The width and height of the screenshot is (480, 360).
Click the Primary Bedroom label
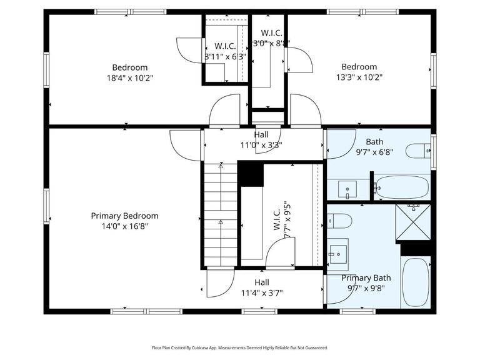click(x=124, y=216)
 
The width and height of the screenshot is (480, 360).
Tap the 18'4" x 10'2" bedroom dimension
click(x=129, y=78)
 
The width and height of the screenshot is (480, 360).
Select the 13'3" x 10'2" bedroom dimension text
click(x=359, y=77)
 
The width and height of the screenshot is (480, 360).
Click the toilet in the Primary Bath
click(x=340, y=221)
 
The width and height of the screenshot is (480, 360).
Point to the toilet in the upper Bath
click(x=417, y=151)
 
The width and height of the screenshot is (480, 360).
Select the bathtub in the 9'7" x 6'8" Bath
click(x=402, y=187)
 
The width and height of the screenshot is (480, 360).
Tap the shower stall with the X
click(x=413, y=223)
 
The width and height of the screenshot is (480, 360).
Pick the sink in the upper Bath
click(x=347, y=188)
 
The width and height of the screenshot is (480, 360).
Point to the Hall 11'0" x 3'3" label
click(x=261, y=139)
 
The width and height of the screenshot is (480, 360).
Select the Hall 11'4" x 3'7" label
click(x=261, y=287)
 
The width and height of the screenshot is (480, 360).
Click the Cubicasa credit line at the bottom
click(x=239, y=347)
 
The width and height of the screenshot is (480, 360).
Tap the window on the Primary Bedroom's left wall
click(x=46, y=206)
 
